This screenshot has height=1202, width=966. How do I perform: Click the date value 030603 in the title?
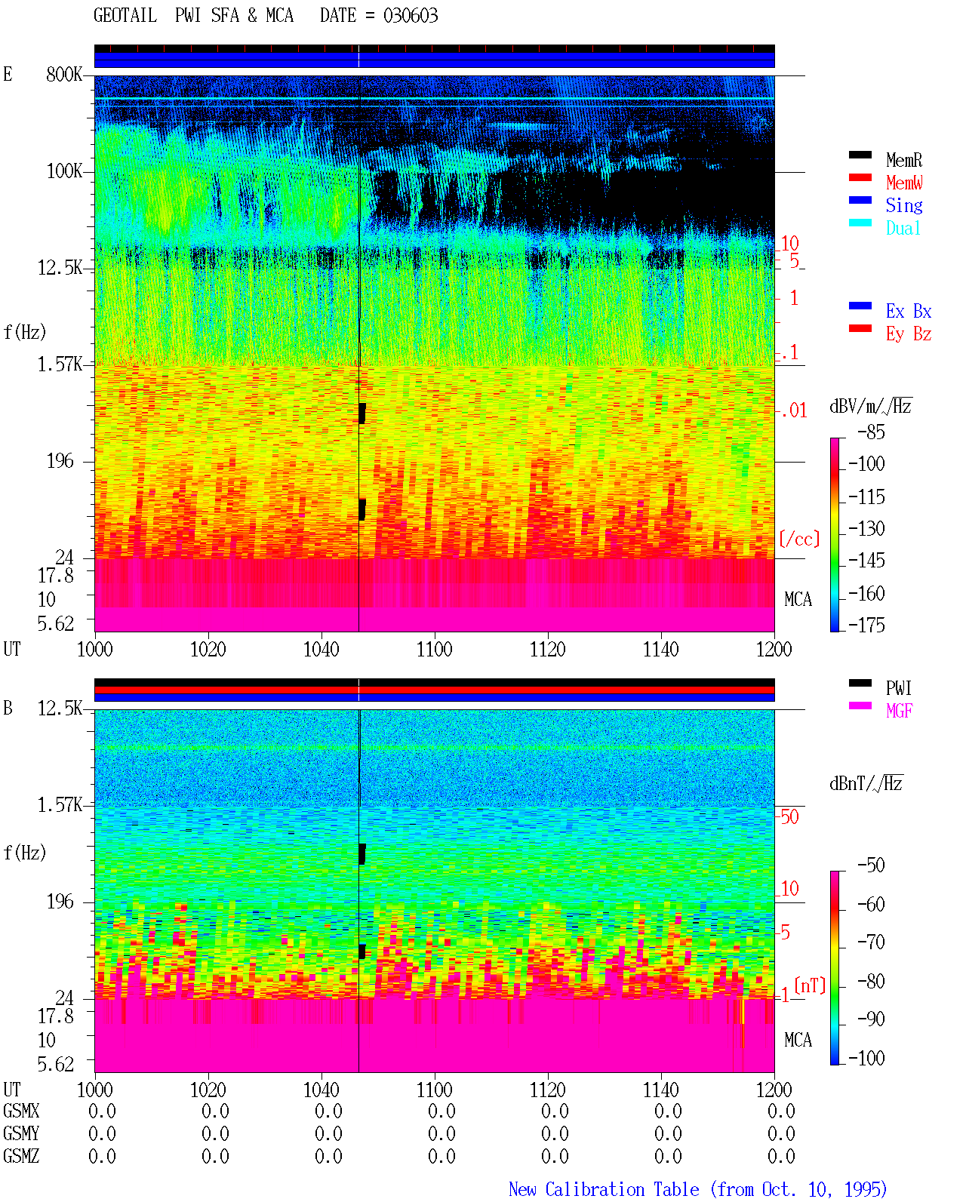(x=410, y=16)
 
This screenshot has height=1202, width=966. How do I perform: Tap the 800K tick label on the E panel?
(x=64, y=74)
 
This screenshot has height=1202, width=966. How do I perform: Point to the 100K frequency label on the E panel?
(x=64, y=171)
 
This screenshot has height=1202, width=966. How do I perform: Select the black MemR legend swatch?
(x=860, y=155)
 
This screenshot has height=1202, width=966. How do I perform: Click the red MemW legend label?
(x=904, y=183)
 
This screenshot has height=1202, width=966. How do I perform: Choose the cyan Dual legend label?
(x=903, y=228)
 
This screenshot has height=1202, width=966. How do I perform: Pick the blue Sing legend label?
(x=904, y=205)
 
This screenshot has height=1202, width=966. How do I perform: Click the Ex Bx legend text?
(x=909, y=311)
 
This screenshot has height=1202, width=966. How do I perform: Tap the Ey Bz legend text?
(x=909, y=334)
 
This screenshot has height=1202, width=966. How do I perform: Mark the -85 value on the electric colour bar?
(x=871, y=432)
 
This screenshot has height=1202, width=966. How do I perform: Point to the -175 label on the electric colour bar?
(x=866, y=625)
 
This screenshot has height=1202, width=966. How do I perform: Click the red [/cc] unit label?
(x=799, y=539)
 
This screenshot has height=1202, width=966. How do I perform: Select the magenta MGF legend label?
(x=899, y=711)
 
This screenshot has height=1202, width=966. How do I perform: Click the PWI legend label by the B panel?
(x=898, y=688)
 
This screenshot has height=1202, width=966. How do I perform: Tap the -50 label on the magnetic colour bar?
(x=871, y=865)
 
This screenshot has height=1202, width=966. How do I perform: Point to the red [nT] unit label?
(x=810, y=985)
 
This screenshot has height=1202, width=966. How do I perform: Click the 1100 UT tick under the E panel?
(x=434, y=650)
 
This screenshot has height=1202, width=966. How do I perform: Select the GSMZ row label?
(x=21, y=1156)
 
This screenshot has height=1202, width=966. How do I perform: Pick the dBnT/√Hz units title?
(x=866, y=783)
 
